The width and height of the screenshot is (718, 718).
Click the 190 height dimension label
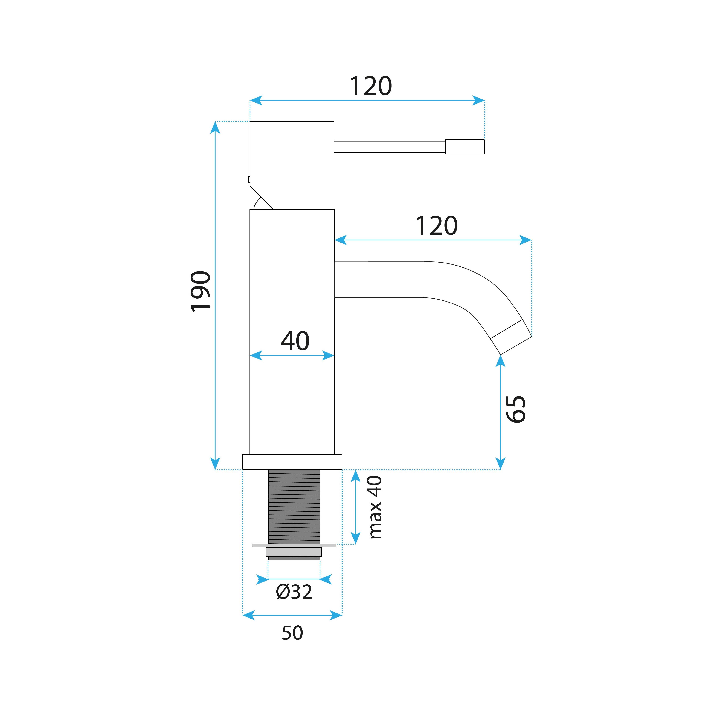tap(201, 291)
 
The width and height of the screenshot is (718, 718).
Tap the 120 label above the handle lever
tap(371, 86)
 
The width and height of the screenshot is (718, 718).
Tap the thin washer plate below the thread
tap(294, 546)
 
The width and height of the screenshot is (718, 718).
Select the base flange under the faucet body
tap(292, 462)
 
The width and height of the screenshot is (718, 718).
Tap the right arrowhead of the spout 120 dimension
tap(525, 240)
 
